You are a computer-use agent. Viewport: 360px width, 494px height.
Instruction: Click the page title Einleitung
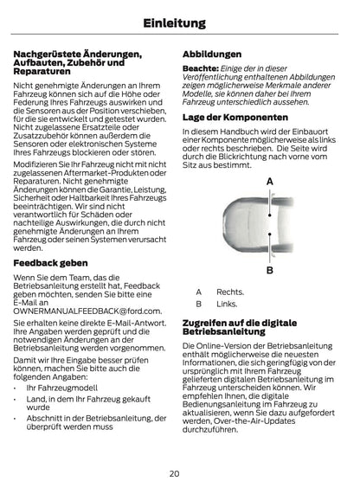click(x=179, y=21)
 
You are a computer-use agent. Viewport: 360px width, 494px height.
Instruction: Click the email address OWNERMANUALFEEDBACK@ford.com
click(x=87, y=309)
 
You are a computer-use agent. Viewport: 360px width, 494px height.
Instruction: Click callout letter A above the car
click(x=269, y=181)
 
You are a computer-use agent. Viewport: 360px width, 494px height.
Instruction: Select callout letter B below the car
click(x=269, y=270)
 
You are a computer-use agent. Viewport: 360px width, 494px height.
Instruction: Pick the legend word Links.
click(x=227, y=304)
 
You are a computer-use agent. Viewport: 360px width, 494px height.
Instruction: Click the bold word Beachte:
click(x=200, y=69)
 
